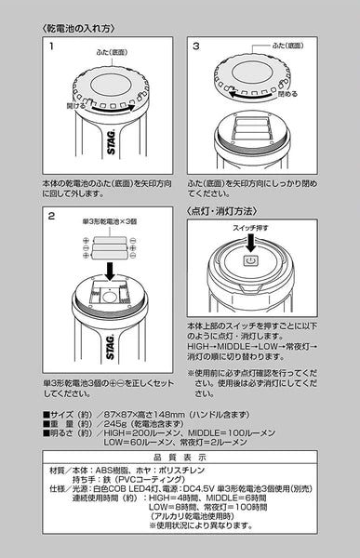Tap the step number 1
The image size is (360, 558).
pyautogui.click(x=53, y=46)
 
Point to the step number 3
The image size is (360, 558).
pyautogui.click(x=195, y=46)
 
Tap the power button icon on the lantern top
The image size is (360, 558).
pyautogui.click(x=249, y=262)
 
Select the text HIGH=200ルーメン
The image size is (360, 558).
pyautogui.click(x=140, y=432)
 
